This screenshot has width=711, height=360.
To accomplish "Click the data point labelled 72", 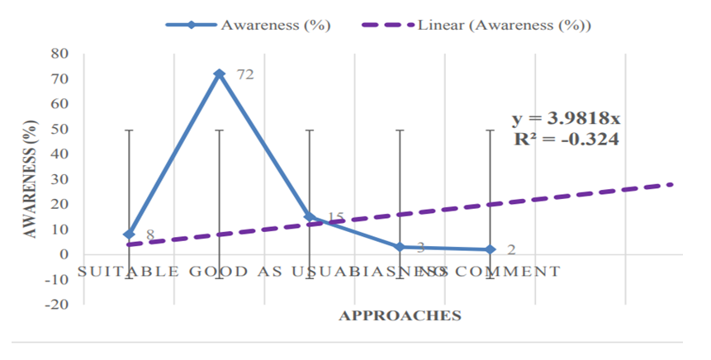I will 220,73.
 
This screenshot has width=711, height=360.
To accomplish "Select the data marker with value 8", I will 129,234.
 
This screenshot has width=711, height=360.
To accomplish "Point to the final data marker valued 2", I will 491,249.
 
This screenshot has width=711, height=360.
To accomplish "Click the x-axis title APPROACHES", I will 400,315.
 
